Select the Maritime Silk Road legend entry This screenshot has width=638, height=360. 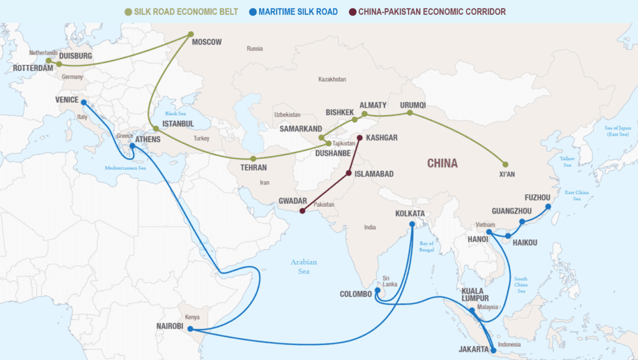(290, 11)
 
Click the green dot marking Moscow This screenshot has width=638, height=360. (191, 34)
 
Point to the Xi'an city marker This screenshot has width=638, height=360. (505, 164)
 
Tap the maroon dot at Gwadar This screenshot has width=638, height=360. (302, 211)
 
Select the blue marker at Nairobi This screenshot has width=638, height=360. (190, 329)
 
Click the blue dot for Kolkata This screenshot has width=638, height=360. (412, 224)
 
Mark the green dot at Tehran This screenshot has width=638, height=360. (253, 159)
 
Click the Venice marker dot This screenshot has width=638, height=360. (83, 103)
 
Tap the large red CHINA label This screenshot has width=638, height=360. (442, 164)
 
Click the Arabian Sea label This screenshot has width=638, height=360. (303, 266)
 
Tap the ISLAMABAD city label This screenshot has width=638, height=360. (374, 174)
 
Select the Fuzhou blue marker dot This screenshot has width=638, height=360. (548, 207)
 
